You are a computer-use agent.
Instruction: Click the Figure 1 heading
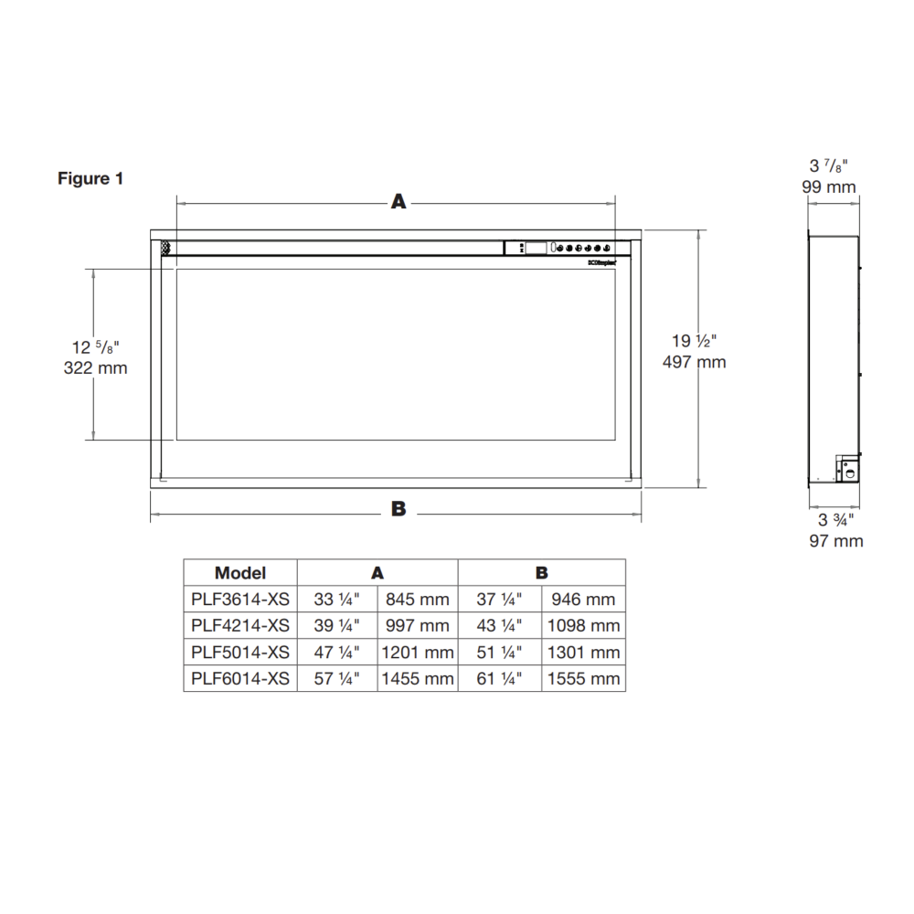(90, 178)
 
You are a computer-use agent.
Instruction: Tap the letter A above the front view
(399, 202)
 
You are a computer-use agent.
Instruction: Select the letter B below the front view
(399, 509)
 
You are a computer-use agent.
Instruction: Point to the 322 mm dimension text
(95, 368)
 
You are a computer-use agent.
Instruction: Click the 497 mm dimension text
(694, 362)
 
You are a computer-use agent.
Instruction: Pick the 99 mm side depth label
(829, 187)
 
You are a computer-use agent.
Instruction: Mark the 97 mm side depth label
(835, 541)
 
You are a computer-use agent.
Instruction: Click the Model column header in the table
(240, 573)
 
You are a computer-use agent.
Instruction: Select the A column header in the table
(377, 573)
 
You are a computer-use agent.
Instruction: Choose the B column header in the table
(542, 573)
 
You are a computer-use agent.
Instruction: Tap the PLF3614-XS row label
(240, 600)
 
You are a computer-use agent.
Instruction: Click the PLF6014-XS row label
(240, 678)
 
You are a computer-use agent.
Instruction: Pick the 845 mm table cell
(417, 600)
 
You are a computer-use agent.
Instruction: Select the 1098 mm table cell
(583, 626)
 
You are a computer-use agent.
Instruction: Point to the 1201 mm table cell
(417, 653)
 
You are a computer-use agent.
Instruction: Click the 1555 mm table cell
(583, 678)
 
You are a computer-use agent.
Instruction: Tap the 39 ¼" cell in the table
(337, 626)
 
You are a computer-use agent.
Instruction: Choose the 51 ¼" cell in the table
(499, 653)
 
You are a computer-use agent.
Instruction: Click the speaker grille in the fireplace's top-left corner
(166, 247)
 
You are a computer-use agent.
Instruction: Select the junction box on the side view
(847, 469)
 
